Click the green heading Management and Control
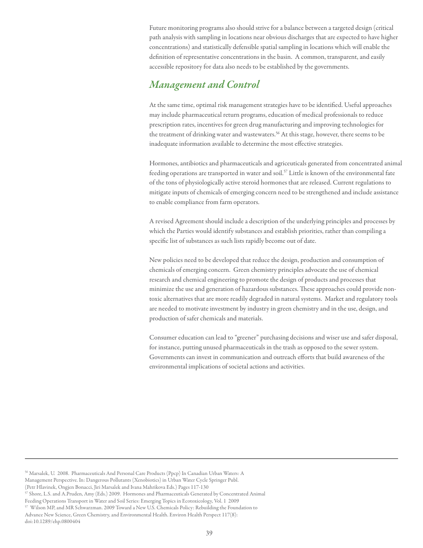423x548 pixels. click(x=204, y=85)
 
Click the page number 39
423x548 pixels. click(x=209, y=533)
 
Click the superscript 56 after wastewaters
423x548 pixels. click(x=277, y=133)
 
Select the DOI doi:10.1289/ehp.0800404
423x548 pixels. click(x=53, y=522)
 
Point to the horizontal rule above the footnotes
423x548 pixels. click(x=211, y=458)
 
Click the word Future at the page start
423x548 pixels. click(x=158, y=28)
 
